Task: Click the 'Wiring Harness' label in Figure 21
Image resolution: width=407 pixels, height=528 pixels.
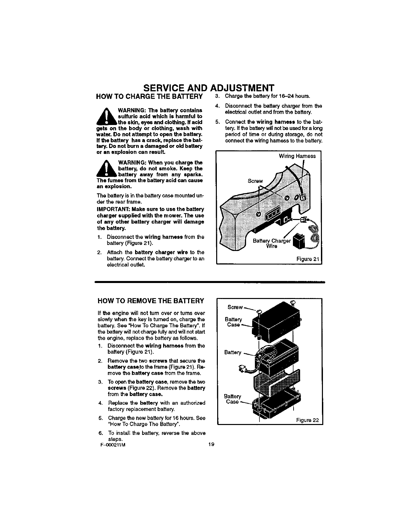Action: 297,156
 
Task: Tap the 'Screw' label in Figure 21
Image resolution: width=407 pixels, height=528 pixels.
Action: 255,181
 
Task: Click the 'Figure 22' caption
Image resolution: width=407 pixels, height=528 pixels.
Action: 308,420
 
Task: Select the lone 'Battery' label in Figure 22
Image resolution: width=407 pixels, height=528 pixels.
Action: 233,352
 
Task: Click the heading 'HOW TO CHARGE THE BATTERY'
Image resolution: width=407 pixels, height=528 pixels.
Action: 149,97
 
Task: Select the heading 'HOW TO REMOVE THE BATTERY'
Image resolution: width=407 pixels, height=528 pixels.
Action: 150,301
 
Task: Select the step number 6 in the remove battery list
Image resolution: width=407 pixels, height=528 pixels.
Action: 100,433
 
